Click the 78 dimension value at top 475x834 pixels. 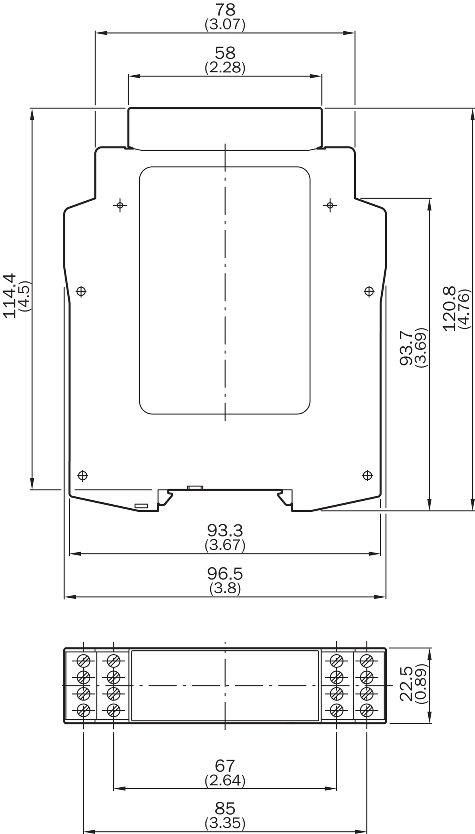225,9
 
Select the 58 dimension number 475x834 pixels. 225,53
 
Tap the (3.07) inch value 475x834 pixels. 225,25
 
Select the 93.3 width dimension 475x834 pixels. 225,530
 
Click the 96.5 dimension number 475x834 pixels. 225,574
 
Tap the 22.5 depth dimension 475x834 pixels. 407,684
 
